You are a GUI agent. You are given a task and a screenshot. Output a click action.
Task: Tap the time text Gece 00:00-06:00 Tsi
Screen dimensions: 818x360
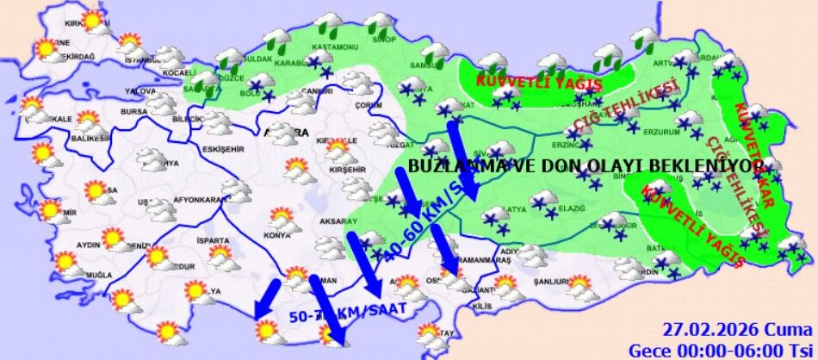pyautogui.click(x=720, y=349)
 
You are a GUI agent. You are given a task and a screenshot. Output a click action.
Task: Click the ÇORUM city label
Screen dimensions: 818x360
pyautogui.click(x=368, y=105)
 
